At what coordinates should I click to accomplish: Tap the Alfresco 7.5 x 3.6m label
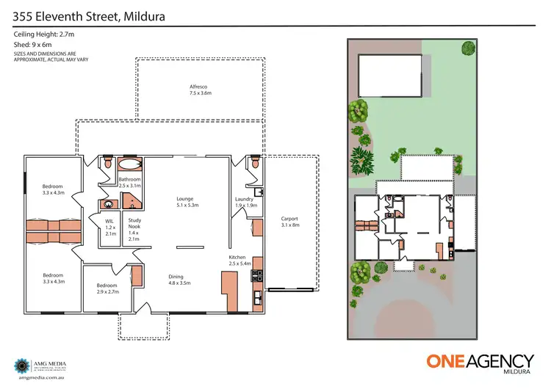pos(200,90)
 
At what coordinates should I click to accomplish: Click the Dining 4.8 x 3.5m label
pos(179,279)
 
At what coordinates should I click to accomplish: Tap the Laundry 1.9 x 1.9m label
pos(245,202)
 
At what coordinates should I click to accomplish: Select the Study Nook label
pos(134,229)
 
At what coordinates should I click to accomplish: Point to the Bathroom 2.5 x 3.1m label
pos(129,182)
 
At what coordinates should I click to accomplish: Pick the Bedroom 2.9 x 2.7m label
pos(107,288)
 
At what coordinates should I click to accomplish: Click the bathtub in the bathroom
pos(130,164)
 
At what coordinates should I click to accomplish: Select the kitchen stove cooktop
pos(258,277)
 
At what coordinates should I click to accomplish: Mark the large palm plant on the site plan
pos(361,158)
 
